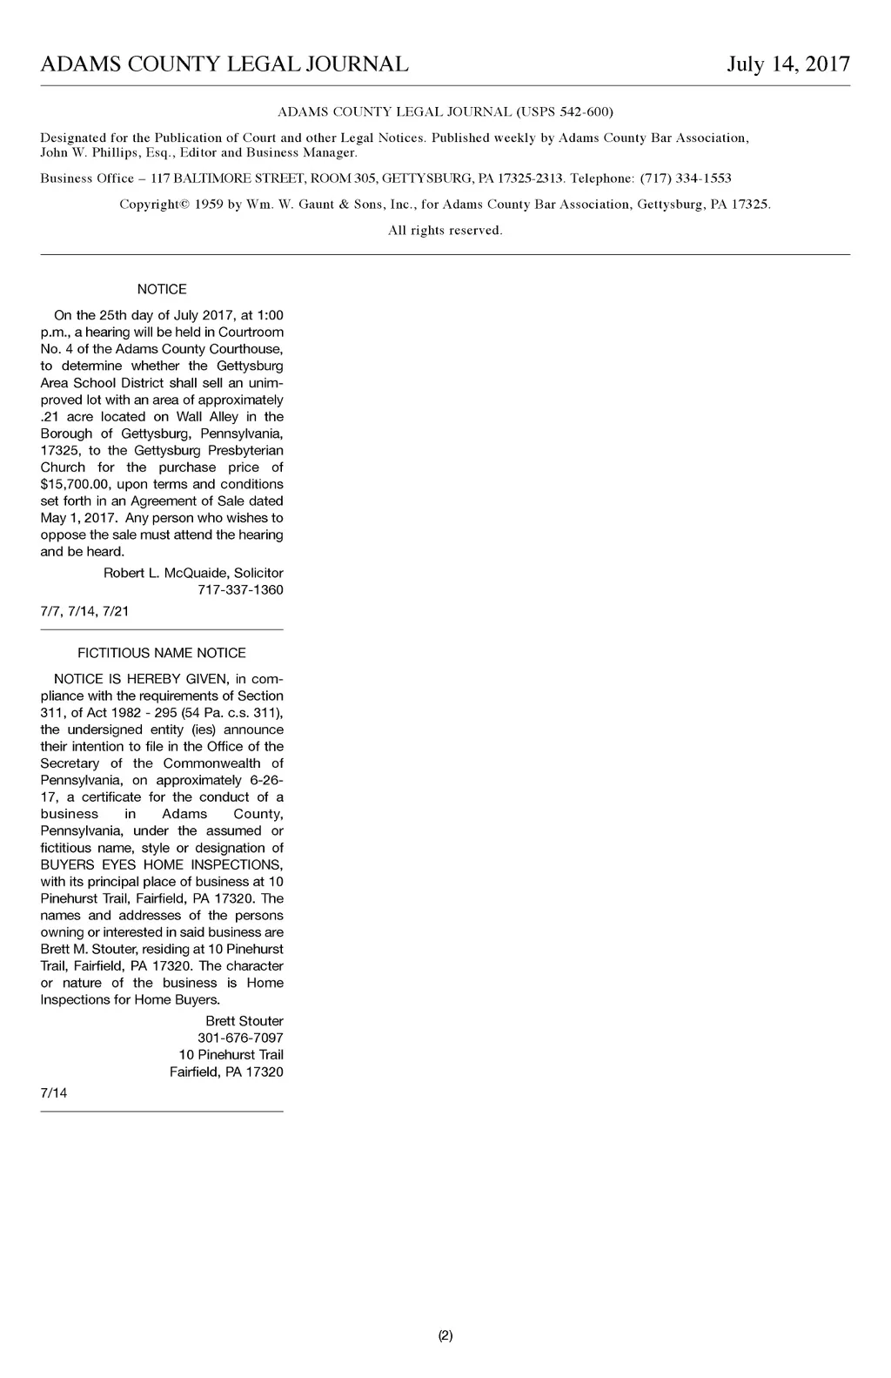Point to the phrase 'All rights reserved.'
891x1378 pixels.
(x=445, y=231)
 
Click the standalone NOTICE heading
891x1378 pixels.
(x=162, y=289)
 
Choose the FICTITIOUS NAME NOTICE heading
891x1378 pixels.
(x=162, y=653)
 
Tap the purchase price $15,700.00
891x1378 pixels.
(x=75, y=484)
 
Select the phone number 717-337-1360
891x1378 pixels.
(x=241, y=590)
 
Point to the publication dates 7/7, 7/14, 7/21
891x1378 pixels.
(x=84, y=611)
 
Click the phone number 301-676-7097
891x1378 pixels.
(x=241, y=1038)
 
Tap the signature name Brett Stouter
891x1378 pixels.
(x=245, y=1020)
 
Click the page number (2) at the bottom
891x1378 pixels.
(x=445, y=1335)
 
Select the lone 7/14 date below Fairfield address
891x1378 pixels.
(x=54, y=1093)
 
